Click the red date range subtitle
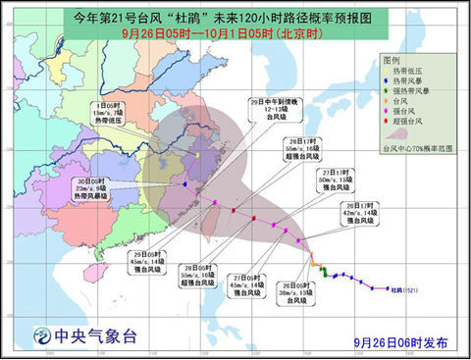coord(235,32)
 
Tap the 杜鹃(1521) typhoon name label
coord(405,290)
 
